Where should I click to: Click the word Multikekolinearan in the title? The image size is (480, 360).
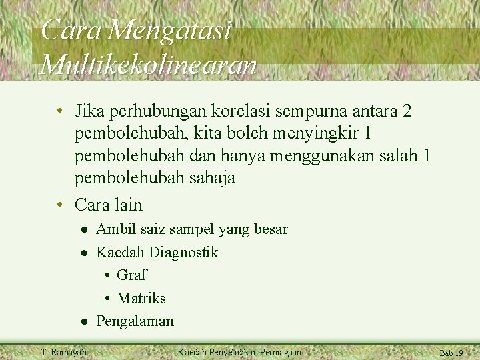[x=148, y=65]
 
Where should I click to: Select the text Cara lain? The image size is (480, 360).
[x=109, y=204]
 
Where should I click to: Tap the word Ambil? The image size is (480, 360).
[x=115, y=229]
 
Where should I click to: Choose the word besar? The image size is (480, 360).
[x=271, y=229]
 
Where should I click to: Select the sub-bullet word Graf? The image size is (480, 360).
[x=131, y=275]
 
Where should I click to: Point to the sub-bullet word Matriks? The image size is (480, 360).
[x=141, y=298]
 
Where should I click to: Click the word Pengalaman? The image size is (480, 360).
[x=135, y=321]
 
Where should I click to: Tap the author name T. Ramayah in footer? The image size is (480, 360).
[x=63, y=352]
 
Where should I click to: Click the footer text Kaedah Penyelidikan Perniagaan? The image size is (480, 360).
[x=239, y=352]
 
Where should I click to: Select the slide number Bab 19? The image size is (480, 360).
[x=451, y=353]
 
